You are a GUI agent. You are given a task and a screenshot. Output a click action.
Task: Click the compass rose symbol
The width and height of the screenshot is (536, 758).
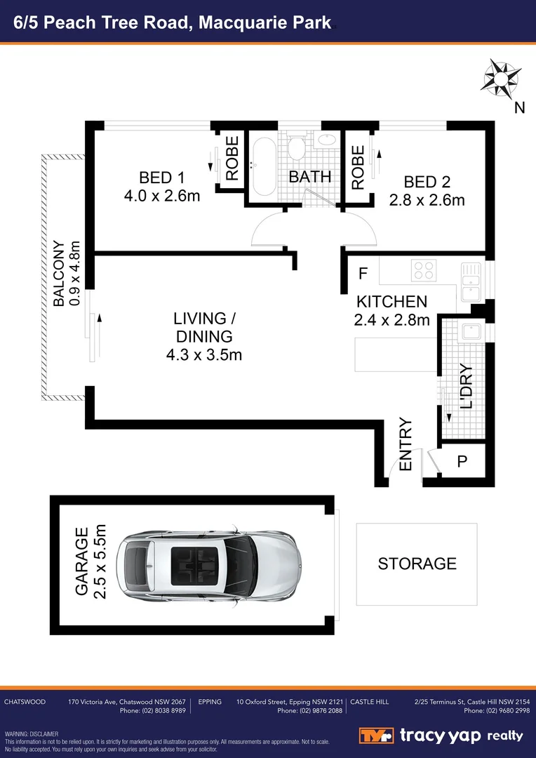coord(500,79)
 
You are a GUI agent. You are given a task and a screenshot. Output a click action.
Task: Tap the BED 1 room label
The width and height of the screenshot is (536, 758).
coord(161,178)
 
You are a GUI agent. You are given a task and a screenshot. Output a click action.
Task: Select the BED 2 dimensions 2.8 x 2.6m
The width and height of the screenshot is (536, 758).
coord(427,200)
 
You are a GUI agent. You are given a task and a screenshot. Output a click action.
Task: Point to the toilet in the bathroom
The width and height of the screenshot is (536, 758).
coord(296,147)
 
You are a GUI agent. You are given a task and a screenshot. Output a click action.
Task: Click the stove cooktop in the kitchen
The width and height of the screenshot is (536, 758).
coord(423,270)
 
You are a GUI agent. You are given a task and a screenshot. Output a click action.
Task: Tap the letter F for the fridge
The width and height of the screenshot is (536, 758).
coord(363,272)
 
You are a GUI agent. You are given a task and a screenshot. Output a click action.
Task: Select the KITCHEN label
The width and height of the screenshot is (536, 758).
coord(391,302)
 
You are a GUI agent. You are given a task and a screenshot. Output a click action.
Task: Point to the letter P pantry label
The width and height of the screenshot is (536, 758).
coord(462,462)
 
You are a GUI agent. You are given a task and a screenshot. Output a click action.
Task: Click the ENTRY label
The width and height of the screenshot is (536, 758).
coord(406,445)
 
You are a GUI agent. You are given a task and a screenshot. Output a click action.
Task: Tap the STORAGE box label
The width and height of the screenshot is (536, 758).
coord(417,564)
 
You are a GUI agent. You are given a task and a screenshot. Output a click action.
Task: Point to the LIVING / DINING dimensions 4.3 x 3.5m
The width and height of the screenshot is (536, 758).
coord(204,355)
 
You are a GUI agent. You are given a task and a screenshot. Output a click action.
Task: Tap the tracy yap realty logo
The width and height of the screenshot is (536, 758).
coord(441,736)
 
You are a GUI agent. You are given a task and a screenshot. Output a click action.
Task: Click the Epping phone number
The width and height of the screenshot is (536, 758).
coord(309,711)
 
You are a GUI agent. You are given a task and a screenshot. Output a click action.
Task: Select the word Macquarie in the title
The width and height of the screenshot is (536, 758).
coord(241,22)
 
